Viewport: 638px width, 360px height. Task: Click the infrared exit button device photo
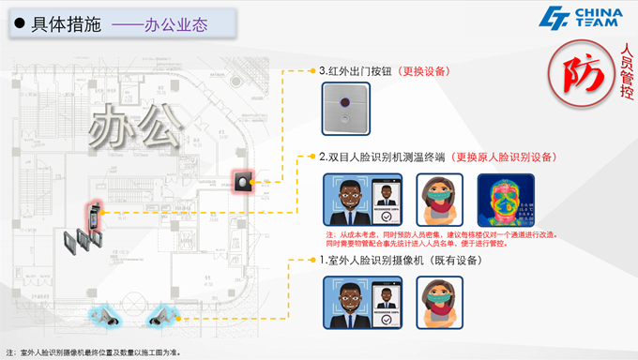346,105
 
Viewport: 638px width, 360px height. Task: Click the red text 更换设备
424,70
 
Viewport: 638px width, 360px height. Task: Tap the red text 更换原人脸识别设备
504,157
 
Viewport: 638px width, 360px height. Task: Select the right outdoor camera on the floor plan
164,316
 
